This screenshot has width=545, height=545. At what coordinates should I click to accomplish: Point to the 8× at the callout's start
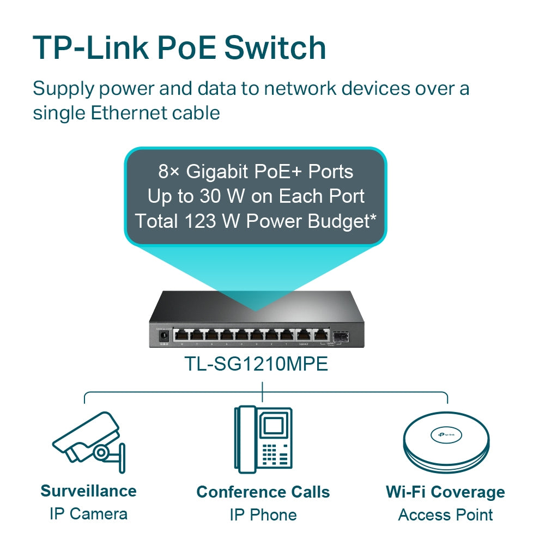169,172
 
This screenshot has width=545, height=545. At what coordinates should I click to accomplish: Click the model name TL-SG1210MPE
256,364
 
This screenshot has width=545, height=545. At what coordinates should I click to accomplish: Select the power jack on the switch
162,336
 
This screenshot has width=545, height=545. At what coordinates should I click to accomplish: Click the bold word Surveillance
88,491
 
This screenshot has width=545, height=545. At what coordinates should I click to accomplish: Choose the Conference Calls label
263,492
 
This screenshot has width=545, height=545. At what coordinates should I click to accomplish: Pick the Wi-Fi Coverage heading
445,492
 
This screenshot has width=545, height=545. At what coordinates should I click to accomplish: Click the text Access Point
445,514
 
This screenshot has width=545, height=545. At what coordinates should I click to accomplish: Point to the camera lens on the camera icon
100,452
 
